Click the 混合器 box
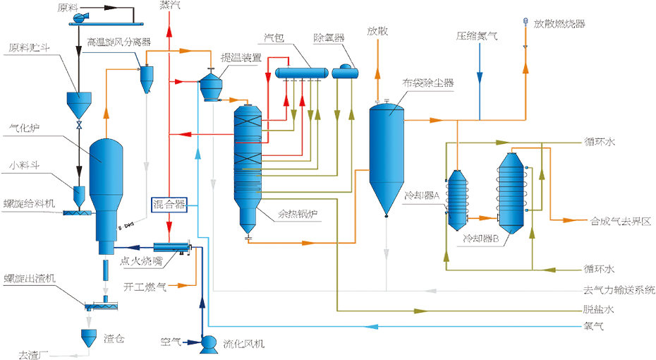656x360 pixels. click(169, 205)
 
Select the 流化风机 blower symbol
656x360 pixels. click(208, 343)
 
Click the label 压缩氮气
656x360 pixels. click(477, 35)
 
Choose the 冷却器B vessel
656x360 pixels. click(512, 191)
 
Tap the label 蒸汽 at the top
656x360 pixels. click(169, 6)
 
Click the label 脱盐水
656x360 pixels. click(599, 309)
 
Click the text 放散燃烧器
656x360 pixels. click(559, 23)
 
